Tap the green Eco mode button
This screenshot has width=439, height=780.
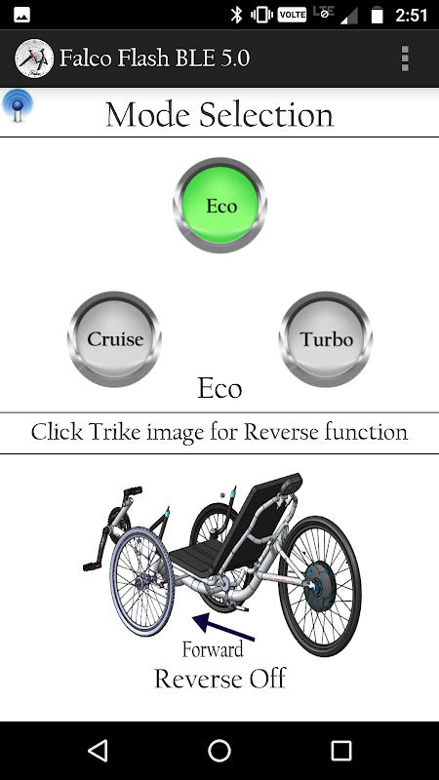[x=220, y=206]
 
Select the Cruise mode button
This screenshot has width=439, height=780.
[x=115, y=338]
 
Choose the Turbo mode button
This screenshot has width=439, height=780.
[x=326, y=338]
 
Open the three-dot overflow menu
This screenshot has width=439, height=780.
[x=405, y=58]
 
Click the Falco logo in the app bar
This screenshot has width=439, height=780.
[x=34, y=58]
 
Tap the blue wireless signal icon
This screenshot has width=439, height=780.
[x=18, y=105]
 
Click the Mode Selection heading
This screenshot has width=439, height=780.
[x=219, y=114]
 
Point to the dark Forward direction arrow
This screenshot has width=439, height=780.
[x=223, y=627]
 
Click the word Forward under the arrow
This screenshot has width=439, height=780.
[x=213, y=649]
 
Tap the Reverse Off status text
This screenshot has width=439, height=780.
[x=220, y=679]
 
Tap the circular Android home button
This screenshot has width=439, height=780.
[x=219, y=750]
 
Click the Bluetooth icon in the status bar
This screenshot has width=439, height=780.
[x=236, y=15]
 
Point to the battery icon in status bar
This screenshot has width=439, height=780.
[x=378, y=15]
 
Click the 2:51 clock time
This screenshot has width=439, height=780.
[x=411, y=16]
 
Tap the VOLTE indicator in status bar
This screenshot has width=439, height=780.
[x=292, y=15]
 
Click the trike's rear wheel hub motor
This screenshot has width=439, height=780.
[x=321, y=587]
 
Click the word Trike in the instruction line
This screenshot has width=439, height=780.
[x=110, y=431]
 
